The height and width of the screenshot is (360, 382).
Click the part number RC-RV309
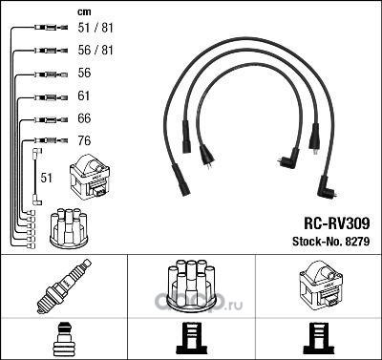click(x=337, y=223)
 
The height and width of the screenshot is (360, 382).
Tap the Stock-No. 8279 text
click(x=331, y=242)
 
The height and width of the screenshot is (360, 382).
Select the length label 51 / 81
click(x=95, y=28)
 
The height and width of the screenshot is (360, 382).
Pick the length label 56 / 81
click(x=95, y=50)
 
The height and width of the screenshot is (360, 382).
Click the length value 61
click(x=84, y=95)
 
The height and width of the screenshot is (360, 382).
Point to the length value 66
click(x=84, y=118)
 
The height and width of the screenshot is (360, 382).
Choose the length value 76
click(x=84, y=140)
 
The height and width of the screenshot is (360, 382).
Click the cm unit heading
click(x=84, y=12)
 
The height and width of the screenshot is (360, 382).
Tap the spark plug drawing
click(x=64, y=286)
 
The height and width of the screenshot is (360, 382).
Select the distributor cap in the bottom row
click(x=191, y=286)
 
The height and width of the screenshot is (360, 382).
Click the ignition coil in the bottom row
click(x=321, y=284)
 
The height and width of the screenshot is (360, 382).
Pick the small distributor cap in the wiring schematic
click(x=69, y=228)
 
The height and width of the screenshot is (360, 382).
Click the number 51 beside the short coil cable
click(x=46, y=178)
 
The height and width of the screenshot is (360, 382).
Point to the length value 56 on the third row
click(x=84, y=73)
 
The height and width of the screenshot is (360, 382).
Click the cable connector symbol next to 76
click(x=51, y=140)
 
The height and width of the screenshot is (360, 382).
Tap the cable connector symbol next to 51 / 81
click(x=51, y=28)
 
